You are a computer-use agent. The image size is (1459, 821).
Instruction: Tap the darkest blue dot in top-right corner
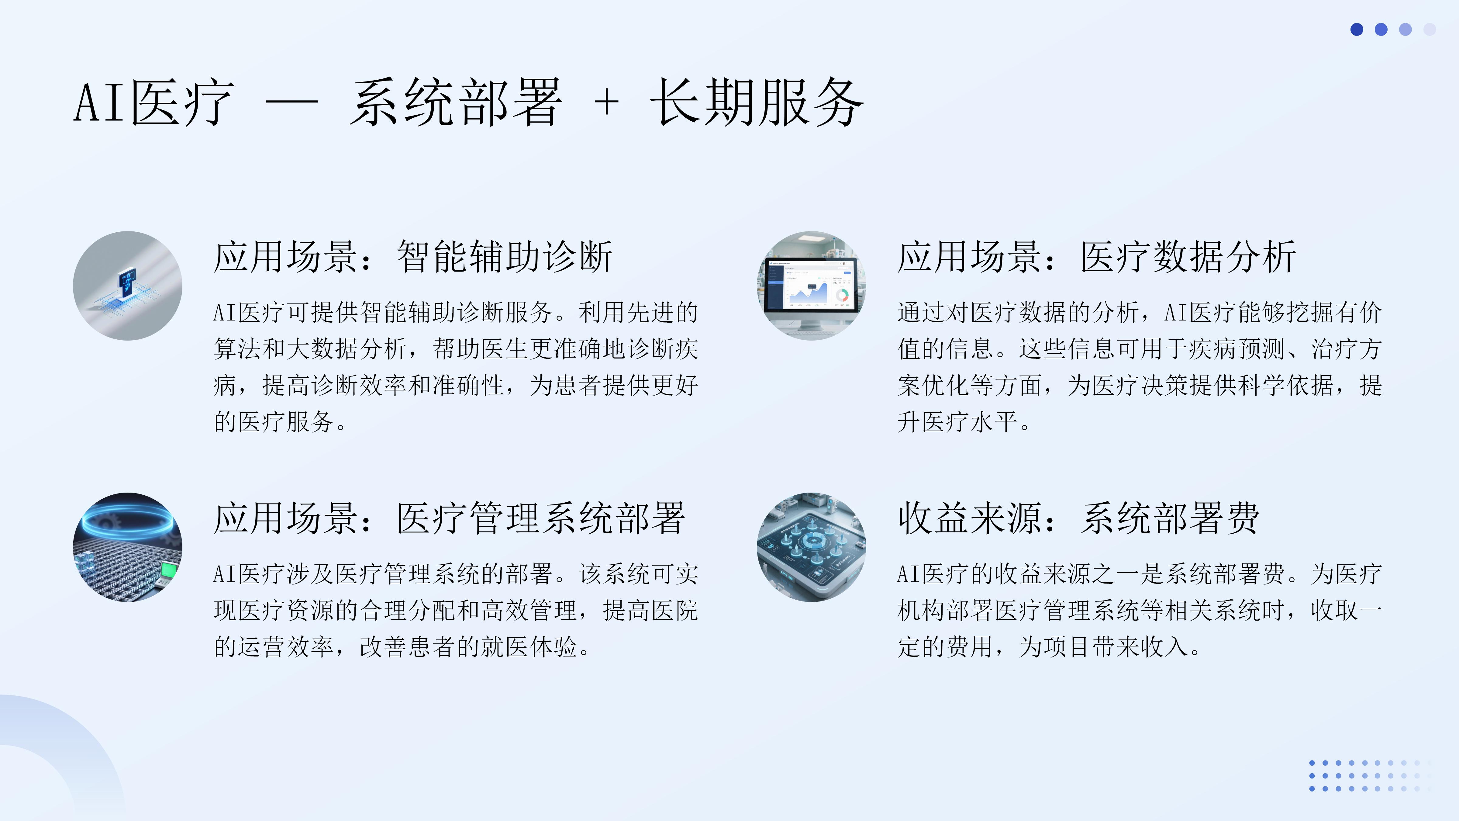(x=1357, y=29)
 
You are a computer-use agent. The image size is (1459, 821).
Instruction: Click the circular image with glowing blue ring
(x=127, y=547)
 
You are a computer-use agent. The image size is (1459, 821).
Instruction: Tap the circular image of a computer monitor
(x=812, y=286)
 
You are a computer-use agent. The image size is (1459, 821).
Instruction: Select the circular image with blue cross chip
(x=127, y=286)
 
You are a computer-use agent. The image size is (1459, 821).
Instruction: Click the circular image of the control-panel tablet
(x=812, y=547)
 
